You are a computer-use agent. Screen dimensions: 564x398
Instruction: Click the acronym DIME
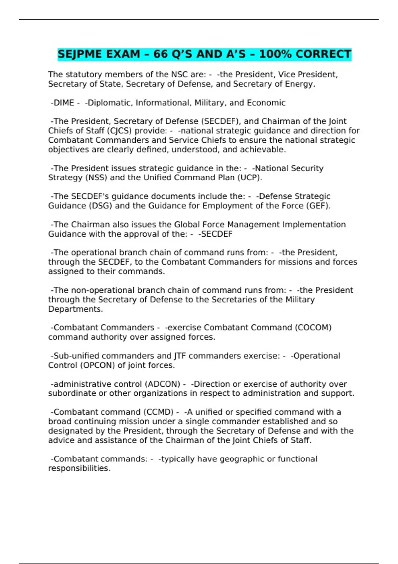[64, 103]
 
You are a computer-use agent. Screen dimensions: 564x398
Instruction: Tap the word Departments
[75, 309]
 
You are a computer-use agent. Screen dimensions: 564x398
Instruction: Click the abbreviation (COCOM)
[313, 328]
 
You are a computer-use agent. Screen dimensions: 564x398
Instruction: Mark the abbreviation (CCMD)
[159, 412]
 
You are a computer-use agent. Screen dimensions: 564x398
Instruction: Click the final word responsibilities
[79, 468]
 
